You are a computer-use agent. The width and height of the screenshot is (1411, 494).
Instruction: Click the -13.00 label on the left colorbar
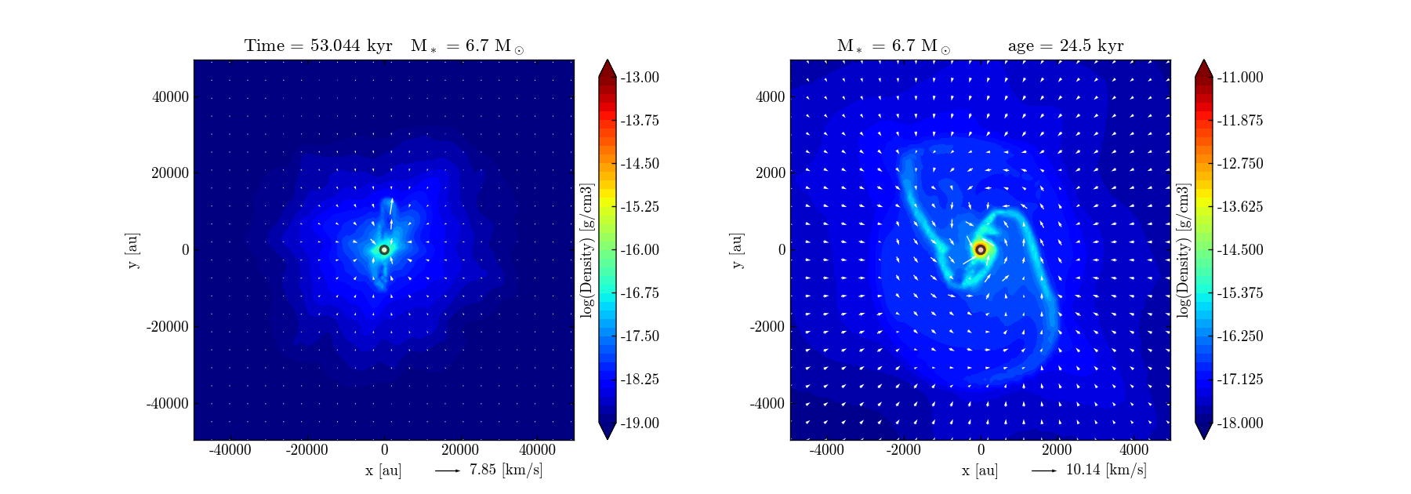point(640,78)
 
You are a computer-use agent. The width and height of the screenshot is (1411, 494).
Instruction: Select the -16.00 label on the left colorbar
point(640,250)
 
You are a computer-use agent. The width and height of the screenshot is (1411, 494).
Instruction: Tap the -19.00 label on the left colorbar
point(640,423)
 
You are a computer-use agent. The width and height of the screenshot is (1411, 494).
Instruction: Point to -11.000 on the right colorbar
point(1240,78)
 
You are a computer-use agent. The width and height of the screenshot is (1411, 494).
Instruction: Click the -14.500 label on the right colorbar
point(1240,250)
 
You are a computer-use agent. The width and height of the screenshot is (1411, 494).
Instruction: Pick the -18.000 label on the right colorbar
point(1240,423)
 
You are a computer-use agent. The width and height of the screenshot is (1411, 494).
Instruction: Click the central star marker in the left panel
point(384,250)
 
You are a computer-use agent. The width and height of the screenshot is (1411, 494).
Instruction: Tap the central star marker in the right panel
point(980,250)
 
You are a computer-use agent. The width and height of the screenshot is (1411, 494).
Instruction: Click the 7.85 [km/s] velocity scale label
point(506,470)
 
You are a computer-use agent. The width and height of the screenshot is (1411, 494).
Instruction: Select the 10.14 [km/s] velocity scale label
point(1106,470)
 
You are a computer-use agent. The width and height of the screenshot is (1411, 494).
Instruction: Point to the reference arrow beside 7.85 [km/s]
point(448,471)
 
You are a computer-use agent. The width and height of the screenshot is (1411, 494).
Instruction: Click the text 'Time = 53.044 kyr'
point(318,46)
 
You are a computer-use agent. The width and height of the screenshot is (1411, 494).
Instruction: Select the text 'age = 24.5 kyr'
point(1065,46)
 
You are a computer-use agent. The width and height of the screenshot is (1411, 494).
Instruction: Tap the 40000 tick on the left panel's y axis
point(170,97)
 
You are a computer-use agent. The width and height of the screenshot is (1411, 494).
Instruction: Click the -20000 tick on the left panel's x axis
point(307,450)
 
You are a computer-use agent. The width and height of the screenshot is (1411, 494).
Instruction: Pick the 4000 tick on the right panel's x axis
point(1134,450)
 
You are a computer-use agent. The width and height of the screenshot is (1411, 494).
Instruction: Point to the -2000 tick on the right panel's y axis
point(769,327)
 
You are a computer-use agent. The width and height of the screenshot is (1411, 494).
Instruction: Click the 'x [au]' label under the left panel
point(383,470)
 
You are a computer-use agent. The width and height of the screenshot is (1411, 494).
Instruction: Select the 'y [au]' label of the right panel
point(737,250)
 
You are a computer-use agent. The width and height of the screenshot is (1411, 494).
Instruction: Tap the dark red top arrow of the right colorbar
point(1204,69)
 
